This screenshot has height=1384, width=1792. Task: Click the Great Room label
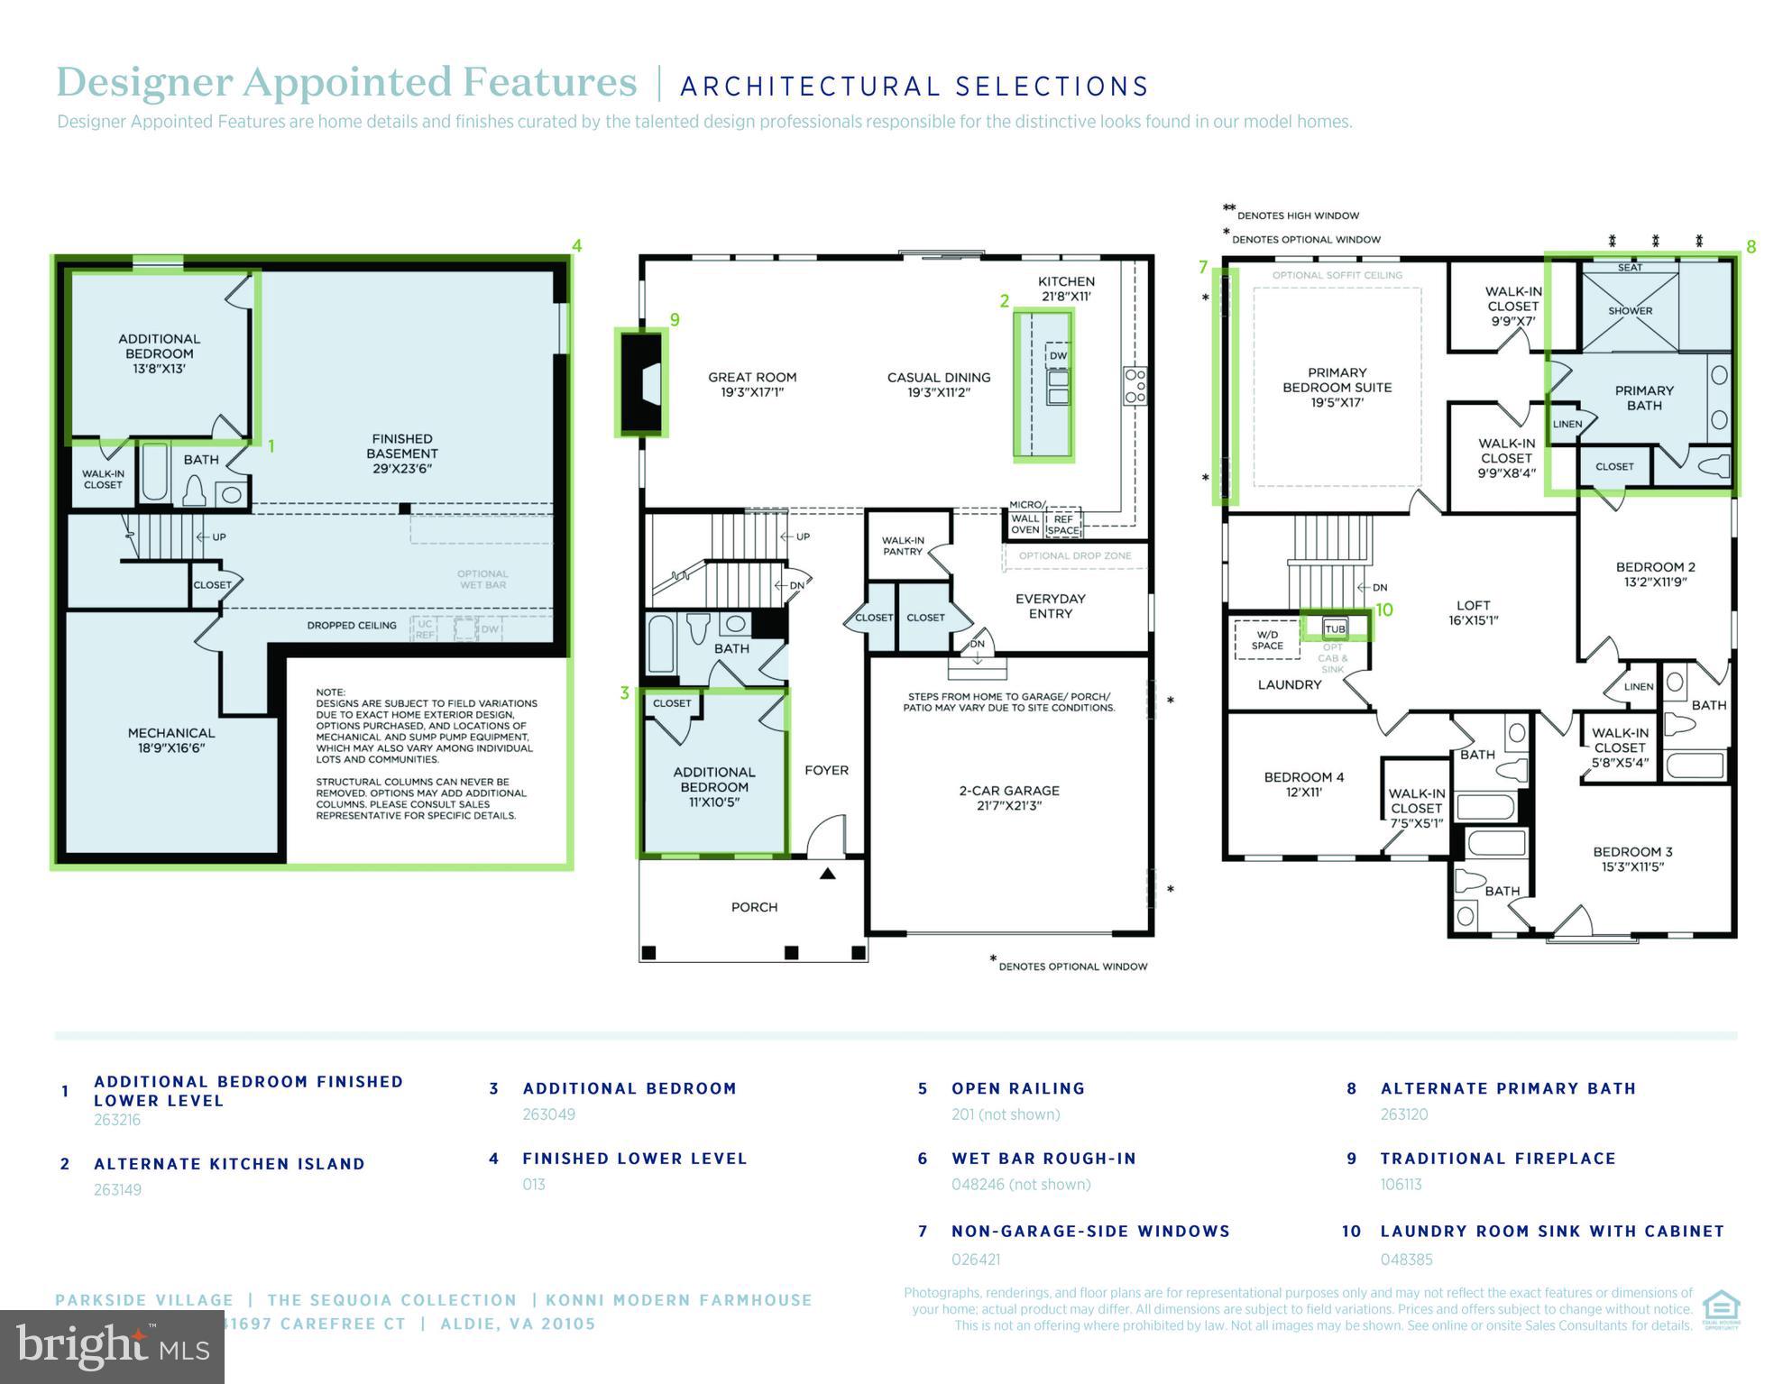752,385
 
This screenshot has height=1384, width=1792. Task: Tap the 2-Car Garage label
1008,798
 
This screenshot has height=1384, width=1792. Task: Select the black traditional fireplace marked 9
642,382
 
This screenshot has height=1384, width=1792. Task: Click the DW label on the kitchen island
1058,355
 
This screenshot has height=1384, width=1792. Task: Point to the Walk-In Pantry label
903,545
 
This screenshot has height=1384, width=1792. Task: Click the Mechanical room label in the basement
171,740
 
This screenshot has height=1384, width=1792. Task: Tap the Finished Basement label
402,454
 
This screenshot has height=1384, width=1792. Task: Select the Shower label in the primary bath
1630,311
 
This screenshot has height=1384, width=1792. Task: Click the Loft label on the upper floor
1473,612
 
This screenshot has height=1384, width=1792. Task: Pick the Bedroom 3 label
1632,859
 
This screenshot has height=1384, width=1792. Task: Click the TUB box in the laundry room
1335,628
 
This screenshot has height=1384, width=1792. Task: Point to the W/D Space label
1267,640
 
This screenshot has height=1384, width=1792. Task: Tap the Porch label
754,907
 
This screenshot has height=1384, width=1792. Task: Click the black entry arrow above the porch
827,874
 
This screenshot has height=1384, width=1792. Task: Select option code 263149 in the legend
117,1189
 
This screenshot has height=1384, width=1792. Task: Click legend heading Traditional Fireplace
1498,1159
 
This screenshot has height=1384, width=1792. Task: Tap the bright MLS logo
112,1347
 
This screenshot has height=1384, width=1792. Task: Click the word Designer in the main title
144,82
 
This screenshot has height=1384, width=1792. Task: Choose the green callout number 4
577,245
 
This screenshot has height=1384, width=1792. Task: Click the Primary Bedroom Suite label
1337,387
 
